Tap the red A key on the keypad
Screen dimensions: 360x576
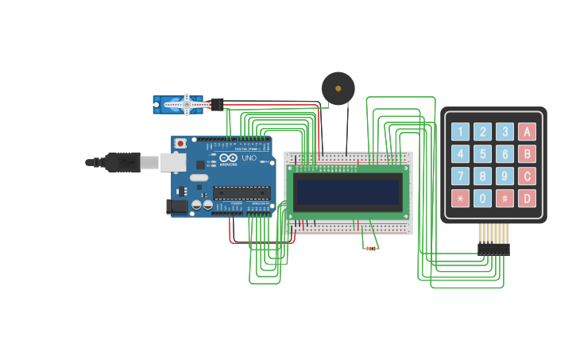tap(527, 131)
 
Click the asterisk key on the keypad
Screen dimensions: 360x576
tap(460, 198)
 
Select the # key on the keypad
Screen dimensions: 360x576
tap(504, 198)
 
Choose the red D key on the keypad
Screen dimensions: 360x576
tap(527, 198)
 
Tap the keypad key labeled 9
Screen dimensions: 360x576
tap(504, 176)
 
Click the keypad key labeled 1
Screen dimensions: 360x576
tap(460, 131)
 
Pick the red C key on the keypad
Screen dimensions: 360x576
tap(527, 176)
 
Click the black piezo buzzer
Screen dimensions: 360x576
tap(338, 88)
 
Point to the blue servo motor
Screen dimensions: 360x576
tap(178, 104)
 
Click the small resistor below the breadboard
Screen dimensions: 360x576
tap(370, 249)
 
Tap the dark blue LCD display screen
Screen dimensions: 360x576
tap(347, 192)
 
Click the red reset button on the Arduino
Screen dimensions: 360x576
tap(181, 143)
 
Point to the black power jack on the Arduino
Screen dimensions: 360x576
tap(176, 207)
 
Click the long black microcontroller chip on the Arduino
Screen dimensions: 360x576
tap(241, 192)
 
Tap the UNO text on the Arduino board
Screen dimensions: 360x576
tap(249, 158)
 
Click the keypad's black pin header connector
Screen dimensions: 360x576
tap(493, 249)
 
